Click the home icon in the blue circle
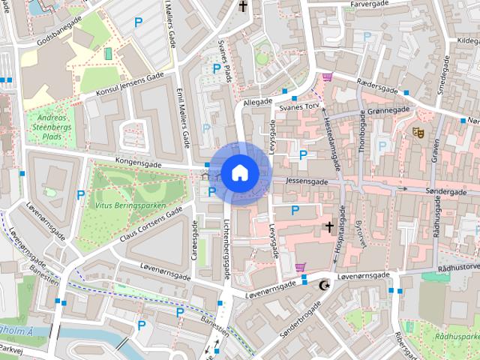(239, 173)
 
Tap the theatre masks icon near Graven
(418, 132)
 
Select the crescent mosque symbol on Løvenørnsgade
(324, 285)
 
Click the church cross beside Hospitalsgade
(328, 226)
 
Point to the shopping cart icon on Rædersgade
(327, 76)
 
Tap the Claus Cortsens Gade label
(150, 224)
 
